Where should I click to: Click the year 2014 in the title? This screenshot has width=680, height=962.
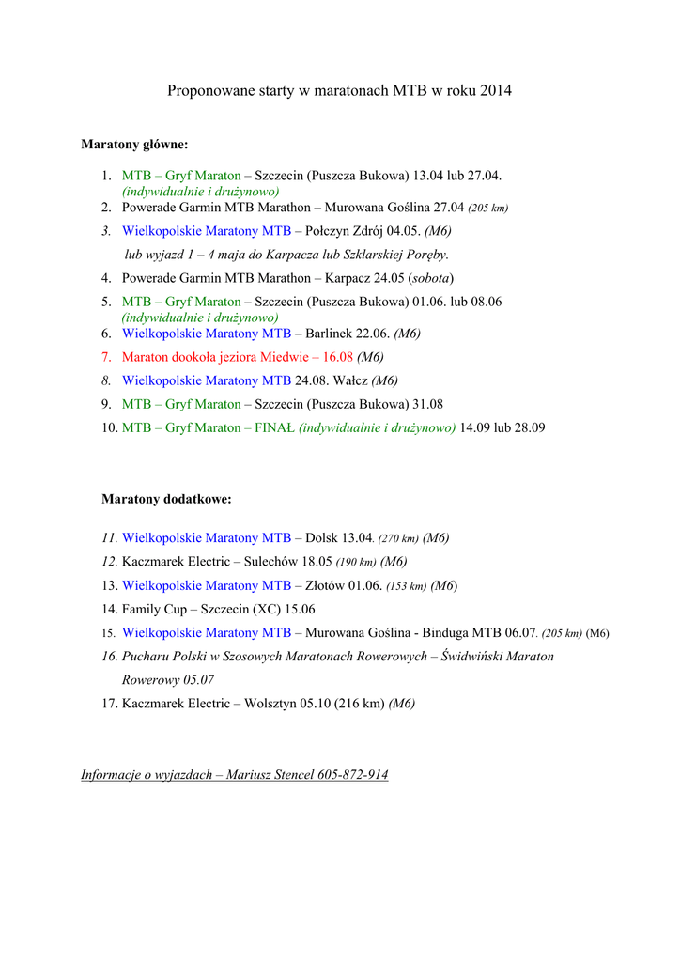click(x=496, y=91)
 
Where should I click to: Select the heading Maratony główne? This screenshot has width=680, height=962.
click(x=134, y=145)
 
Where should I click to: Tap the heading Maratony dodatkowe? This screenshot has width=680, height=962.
click(x=166, y=499)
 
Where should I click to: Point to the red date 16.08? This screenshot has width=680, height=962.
click(x=338, y=357)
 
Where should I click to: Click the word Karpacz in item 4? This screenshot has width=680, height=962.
click(x=348, y=278)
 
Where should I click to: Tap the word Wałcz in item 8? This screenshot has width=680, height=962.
click(x=350, y=380)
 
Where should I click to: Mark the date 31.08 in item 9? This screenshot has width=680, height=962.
click(x=427, y=404)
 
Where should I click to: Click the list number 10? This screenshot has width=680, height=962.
click(x=110, y=427)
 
